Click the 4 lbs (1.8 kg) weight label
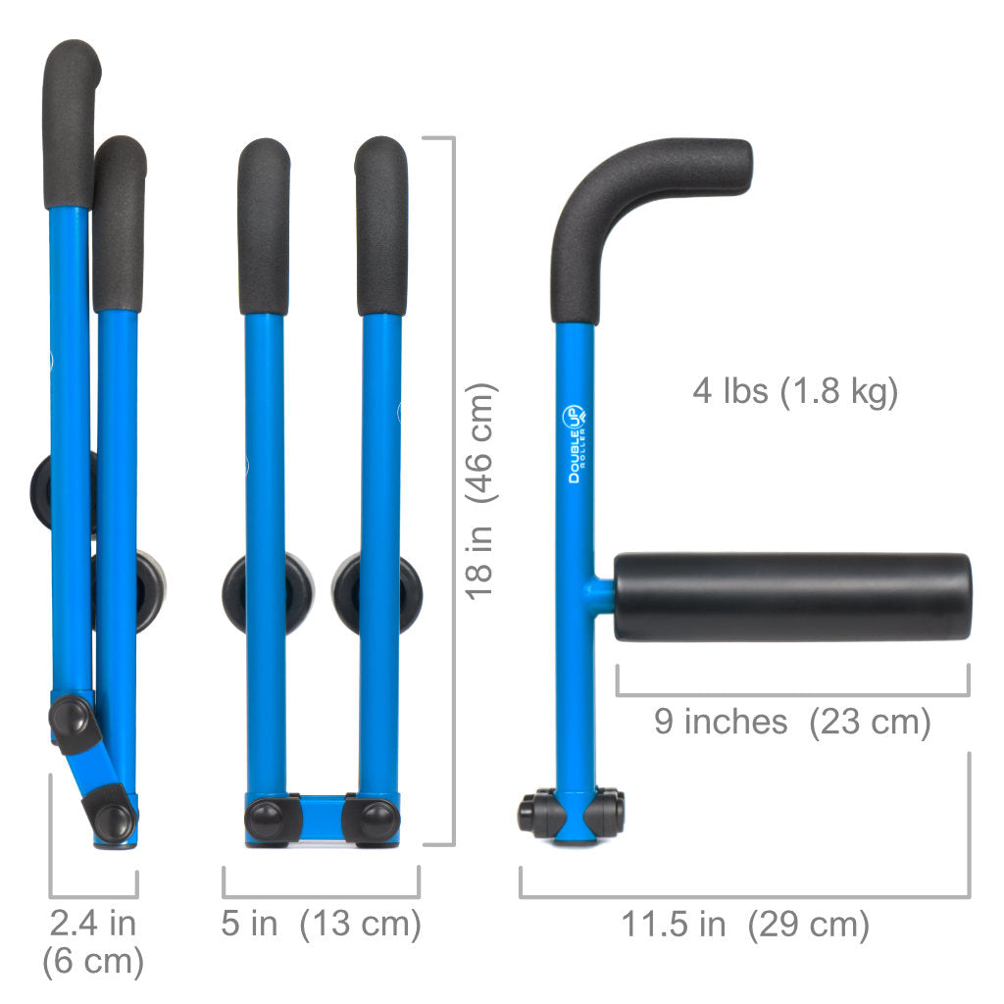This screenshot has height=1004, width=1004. click(795, 391)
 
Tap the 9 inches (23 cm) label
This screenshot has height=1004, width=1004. click(792, 722)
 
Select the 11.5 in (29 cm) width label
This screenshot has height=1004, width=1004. click(745, 924)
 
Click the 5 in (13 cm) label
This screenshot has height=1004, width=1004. click(321, 924)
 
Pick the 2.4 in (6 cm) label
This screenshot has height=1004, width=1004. click(93, 941)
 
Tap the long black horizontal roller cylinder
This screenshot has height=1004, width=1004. click(792, 596)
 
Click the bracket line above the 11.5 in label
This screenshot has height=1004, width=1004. click(745, 895)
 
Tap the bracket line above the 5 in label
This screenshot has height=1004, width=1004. click(321, 895)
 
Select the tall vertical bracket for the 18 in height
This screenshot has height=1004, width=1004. click(452, 490)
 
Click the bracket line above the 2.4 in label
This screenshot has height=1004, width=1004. click(93, 895)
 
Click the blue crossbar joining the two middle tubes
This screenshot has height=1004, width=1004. click(322, 813)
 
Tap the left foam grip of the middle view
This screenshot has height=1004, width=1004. click(264, 226)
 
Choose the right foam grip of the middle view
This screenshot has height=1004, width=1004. click(381, 226)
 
